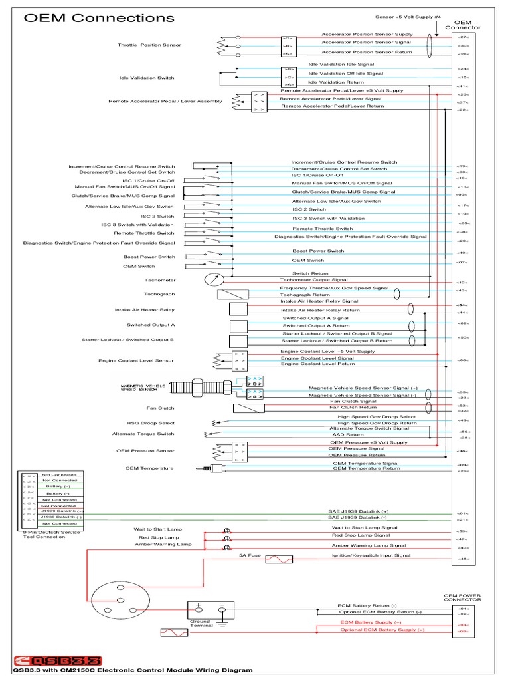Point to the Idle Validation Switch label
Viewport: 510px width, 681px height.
[147, 78]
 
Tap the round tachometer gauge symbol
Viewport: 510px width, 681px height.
[214, 280]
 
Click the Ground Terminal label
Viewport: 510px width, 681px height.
[200, 624]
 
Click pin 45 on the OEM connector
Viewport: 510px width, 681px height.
[463, 559]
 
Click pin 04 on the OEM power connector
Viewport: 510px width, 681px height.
[464, 625]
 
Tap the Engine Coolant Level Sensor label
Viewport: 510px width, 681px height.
[136, 360]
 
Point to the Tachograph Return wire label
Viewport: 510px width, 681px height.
[305, 294]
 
